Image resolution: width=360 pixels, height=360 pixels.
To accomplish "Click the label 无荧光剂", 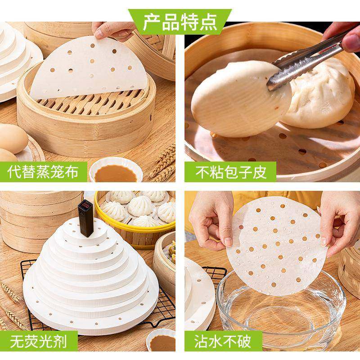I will click(x=39, y=341).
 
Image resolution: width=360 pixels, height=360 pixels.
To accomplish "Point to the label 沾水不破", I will click(x=225, y=341).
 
